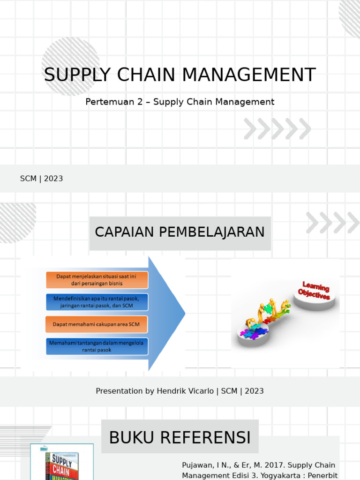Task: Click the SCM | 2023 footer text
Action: (42, 179)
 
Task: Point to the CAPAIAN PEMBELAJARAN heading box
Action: (180, 232)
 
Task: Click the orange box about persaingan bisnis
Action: (97, 280)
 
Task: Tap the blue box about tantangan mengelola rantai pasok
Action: (97, 346)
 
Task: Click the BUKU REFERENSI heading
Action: (180, 437)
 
